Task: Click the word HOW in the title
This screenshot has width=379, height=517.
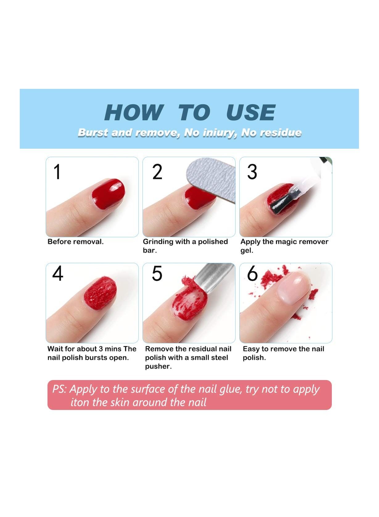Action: tap(134, 112)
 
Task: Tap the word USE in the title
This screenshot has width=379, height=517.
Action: tap(251, 112)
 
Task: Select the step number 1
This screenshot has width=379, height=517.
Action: tap(57, 172)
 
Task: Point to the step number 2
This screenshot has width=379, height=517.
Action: tap(157, 172)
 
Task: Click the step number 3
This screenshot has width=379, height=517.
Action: tap(252, 172)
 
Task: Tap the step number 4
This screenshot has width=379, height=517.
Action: tap(58, 273)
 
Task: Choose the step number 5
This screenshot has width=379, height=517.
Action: tap(157, 273)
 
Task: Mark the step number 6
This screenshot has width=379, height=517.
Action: tap(252, 273)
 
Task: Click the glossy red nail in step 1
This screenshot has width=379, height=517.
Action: tap(108, 193)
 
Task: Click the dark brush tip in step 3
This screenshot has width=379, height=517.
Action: tap(281, 203)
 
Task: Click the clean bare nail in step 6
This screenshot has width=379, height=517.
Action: tap(293, 287)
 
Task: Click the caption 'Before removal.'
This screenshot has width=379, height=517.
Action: tap(76, 242)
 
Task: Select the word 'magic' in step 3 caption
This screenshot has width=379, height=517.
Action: tap(285, 242)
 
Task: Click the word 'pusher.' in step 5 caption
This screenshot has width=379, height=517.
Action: tap(158, 366)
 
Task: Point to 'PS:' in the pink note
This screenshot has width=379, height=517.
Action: tap(60, 389)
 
